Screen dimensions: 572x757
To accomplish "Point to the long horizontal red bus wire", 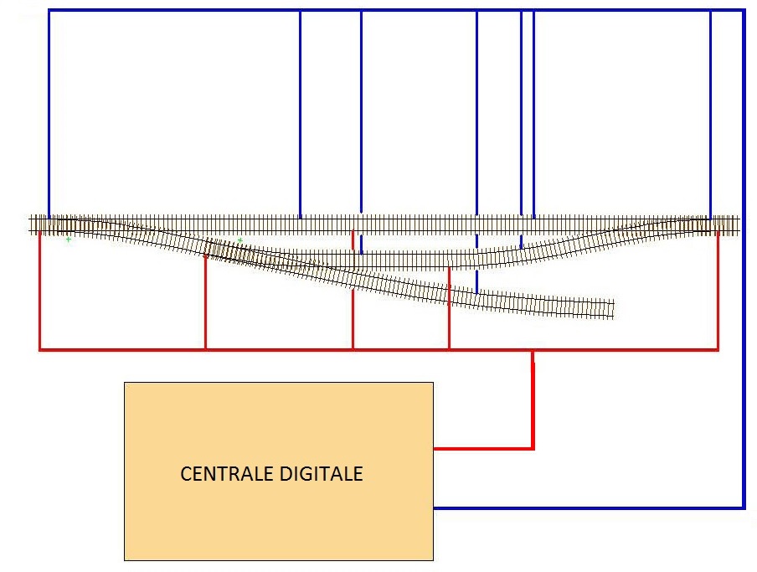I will click(x=377, y=349).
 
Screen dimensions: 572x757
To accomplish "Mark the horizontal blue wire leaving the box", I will click(x=586, y=508).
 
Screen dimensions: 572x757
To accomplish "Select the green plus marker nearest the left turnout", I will click(x=69, y=240).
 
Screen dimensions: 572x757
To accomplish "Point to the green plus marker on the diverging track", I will click(x=239, y=240).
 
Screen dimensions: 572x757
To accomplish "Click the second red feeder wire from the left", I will click(x=206, y=301).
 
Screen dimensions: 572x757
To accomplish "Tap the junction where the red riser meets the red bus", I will click(x=533, y=350).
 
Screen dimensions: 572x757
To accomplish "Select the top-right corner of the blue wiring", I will click(x=744, y=11).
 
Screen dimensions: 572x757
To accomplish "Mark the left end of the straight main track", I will click(x=32, y=224).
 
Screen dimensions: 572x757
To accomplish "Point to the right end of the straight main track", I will click(x=738, y=224).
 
